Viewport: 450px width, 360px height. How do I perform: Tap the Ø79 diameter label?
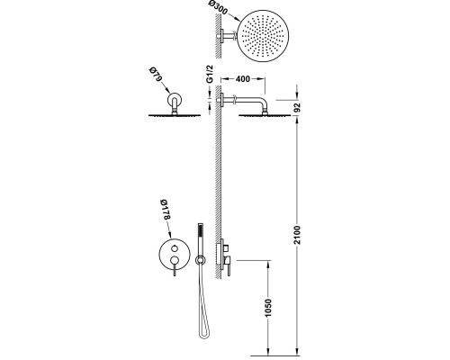[156, 75]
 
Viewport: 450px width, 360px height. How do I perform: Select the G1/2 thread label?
[210, 74]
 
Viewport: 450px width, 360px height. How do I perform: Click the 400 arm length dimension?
[243, 79]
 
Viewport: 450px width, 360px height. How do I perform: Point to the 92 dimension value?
[297, 107]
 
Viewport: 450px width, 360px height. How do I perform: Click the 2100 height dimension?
[297, 235]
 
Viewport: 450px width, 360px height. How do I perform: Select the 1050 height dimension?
[268, 307]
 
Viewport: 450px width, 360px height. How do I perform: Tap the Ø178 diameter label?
[165, 210]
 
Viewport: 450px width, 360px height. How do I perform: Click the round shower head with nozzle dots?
[263, 36]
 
